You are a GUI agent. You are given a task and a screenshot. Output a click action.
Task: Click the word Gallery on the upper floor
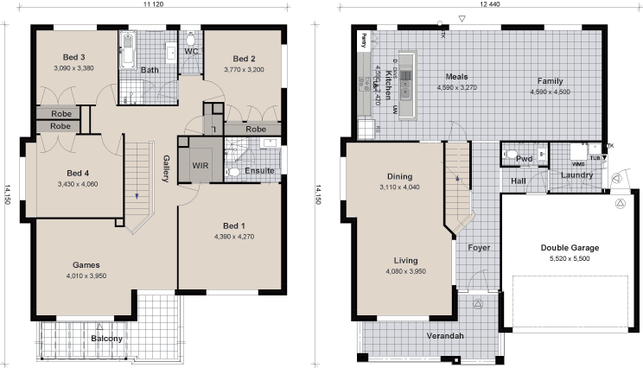pos(166,168)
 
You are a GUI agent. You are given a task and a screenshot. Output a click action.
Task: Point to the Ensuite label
pos(259,170)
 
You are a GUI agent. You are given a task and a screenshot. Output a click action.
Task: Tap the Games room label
pos(85,265)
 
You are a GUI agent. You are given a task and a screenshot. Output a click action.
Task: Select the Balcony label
pos(106,339)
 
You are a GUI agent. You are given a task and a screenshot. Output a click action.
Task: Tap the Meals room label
pos(456,77)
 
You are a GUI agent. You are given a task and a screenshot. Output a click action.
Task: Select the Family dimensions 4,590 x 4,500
pos(550,91)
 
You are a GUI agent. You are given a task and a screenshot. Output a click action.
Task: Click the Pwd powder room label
pos(523,159)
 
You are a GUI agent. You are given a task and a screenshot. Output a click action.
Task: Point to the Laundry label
pos(576,175)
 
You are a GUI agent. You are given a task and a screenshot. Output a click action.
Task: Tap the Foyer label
pos(479,248)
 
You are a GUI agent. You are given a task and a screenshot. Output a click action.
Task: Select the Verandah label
pos(445,335)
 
